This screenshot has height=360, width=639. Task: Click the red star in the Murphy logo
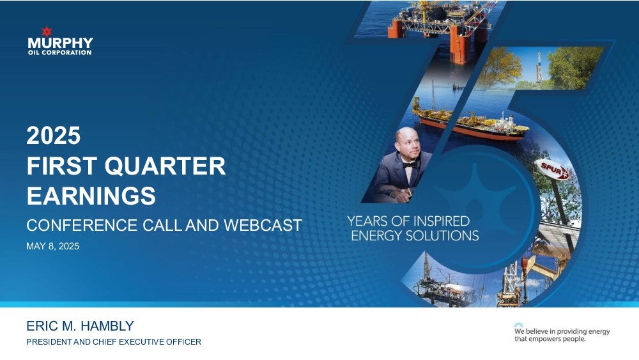(47, 31)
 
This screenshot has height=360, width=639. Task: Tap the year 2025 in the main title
(54, 136)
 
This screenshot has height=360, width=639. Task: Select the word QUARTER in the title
(165, 166)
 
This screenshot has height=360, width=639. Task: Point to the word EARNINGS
(91, 196)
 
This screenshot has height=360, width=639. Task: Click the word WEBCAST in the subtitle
(263, 226)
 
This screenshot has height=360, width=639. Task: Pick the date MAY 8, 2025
(52, 246)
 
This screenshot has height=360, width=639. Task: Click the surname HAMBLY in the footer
(107, 325)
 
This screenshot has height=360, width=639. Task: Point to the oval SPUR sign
(552, 169)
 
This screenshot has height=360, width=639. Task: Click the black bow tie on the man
(409, 165)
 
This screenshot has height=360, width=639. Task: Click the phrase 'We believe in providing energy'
(562, 331)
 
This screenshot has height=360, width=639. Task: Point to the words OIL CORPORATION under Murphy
(60, 52)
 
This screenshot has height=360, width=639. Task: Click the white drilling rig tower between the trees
(538, 68)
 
